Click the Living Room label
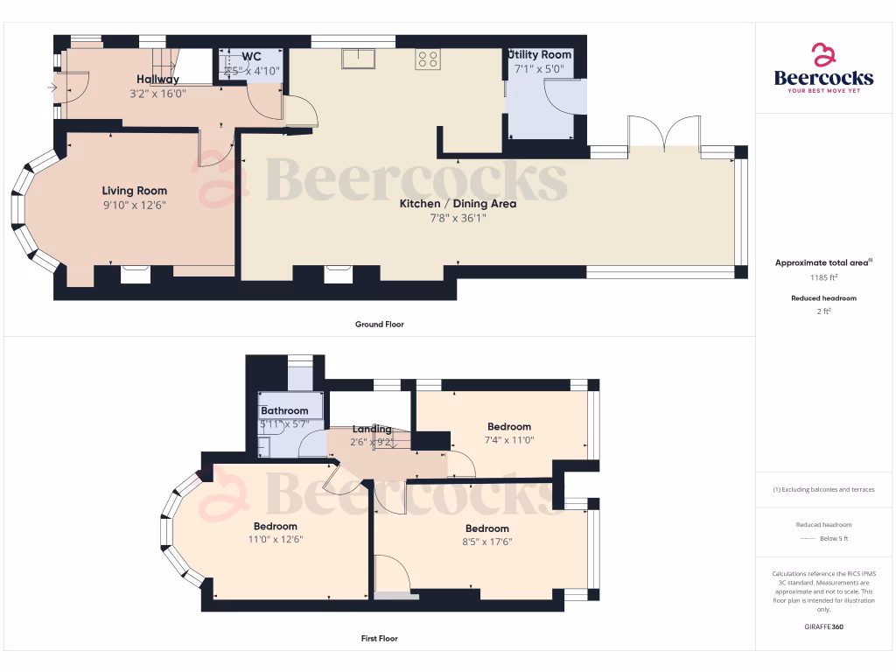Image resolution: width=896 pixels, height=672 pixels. tap(134, 191)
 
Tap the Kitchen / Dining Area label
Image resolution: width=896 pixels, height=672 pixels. tap(458, 204)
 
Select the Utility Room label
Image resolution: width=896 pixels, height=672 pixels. tap(540, 54)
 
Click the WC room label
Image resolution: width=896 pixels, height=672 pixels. tap(251, 56)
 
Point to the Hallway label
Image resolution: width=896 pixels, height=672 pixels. tap(157, 80)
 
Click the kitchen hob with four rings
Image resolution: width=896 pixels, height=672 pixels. tap(428, 59)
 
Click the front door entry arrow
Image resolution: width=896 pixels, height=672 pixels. tap(52, 87)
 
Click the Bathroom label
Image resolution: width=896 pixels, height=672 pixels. tap(284, 410)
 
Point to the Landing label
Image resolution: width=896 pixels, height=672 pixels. tap(372, 429)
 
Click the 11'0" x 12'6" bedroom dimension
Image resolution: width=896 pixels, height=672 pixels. tap(276, 540)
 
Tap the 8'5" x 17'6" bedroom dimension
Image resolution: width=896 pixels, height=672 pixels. tap(487, 542)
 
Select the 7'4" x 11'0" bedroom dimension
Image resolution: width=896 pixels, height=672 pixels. tap(509, 440)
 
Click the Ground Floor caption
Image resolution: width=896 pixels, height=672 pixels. tap(379, 325)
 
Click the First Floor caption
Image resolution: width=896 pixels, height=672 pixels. tap(379, 639)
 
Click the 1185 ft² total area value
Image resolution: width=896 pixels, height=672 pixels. tap(822, 277)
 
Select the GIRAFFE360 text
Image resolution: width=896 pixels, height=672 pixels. tap(822, 627)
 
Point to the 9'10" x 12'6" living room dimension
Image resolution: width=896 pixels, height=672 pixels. tap(134, 205)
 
